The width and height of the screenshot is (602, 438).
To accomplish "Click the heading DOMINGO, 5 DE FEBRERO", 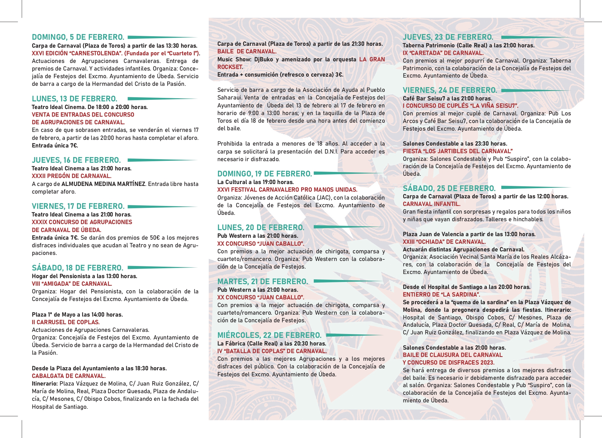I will [78, 37].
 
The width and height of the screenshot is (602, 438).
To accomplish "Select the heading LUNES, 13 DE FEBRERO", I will [74, 99].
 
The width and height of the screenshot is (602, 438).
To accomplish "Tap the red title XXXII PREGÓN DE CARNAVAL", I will [72, 176].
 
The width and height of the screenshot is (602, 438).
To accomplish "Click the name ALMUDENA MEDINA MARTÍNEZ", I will [103, 184].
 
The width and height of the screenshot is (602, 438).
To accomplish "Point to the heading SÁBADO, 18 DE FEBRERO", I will [77, 268].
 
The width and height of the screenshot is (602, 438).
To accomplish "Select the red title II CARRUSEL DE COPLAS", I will [66, 322].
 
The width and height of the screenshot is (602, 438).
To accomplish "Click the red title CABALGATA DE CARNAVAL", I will [69, 376].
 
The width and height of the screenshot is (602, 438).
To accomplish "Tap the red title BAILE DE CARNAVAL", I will [247, 51].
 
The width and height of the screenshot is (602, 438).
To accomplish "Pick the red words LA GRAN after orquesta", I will [372, 59].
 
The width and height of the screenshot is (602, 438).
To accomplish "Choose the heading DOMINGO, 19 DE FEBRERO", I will [264, 174].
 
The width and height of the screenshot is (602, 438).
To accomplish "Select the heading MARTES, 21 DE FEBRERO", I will [262, 282].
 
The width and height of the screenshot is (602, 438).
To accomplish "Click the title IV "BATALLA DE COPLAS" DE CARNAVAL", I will [272, 351].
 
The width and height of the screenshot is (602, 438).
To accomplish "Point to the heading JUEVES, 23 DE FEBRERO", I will [448, 37].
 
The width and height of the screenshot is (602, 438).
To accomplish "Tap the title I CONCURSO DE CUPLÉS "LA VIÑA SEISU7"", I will [460, 106].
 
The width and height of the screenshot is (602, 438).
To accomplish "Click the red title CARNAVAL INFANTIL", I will [431, 204].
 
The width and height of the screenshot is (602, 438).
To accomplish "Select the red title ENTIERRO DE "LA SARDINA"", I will [441, 295].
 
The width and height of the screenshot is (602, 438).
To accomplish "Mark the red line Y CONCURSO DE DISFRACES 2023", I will [449, 363].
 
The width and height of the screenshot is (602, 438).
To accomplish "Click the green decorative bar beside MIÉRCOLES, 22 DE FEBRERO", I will [355, 335].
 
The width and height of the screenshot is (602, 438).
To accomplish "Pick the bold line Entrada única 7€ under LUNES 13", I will [55, 146].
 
